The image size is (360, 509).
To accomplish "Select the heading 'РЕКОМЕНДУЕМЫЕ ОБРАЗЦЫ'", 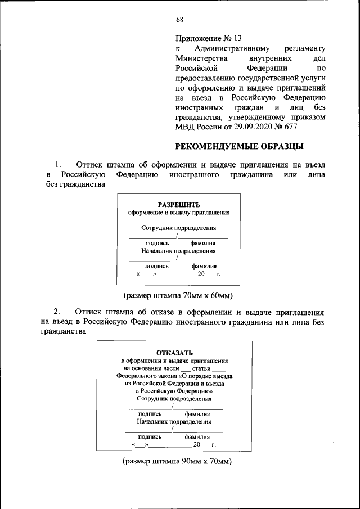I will [x=240, y=147].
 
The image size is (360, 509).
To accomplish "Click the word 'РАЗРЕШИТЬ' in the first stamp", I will [x=178, y=205].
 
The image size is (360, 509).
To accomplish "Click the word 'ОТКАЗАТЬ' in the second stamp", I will [x=174, y=353].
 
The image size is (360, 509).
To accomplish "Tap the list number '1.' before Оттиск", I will [x=57, y=165].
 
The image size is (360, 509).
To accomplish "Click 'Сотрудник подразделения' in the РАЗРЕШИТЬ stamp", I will [x=178, y=228].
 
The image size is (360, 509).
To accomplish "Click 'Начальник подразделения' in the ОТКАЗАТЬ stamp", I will [x=174, y=420].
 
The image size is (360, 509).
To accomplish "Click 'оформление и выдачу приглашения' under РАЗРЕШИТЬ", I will [x=178, y=213].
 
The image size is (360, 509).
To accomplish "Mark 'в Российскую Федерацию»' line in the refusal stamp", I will [x=174, y=390].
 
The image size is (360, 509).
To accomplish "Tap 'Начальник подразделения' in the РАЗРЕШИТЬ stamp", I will [x=178, y=251].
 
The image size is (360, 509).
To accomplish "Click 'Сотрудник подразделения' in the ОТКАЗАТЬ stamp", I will [x=174, y=398].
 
